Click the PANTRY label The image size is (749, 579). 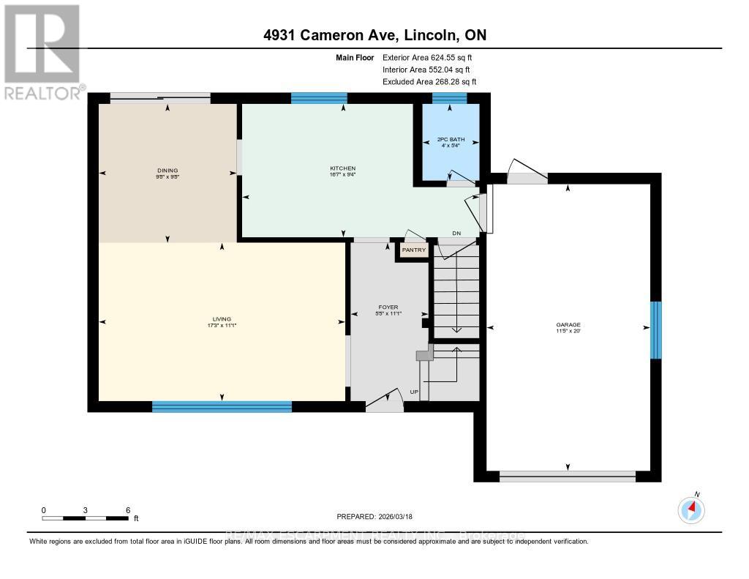pyautogui.click(x=413, y=250)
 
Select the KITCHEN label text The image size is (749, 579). pyautogui.click(x=342, y=168)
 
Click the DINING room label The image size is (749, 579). pyautogui.click(x=168, y=171)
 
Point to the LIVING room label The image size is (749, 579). pyautogui.click(x=222, y=319)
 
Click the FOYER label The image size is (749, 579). pyautogui.click(x=387, y=307)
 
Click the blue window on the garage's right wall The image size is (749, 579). pyautogui.click(x=656, y=330)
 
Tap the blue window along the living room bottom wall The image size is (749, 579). pyautogui.click(x=222, y=406)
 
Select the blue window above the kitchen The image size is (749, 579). pyautogui.click(x=319, y=98)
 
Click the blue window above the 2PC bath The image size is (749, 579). pyautogui.click(x=449, y=98)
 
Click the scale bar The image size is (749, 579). pyautogui.click(x=86, y=518)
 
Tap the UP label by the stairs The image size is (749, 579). pyautogui.click(x=414, y=392)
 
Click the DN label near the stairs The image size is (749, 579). pyautogui.click(x=456, y=234)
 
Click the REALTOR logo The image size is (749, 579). pyautogui.click(x=42, y=51)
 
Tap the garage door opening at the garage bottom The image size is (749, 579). pyautogui.click(x=568, y=476)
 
